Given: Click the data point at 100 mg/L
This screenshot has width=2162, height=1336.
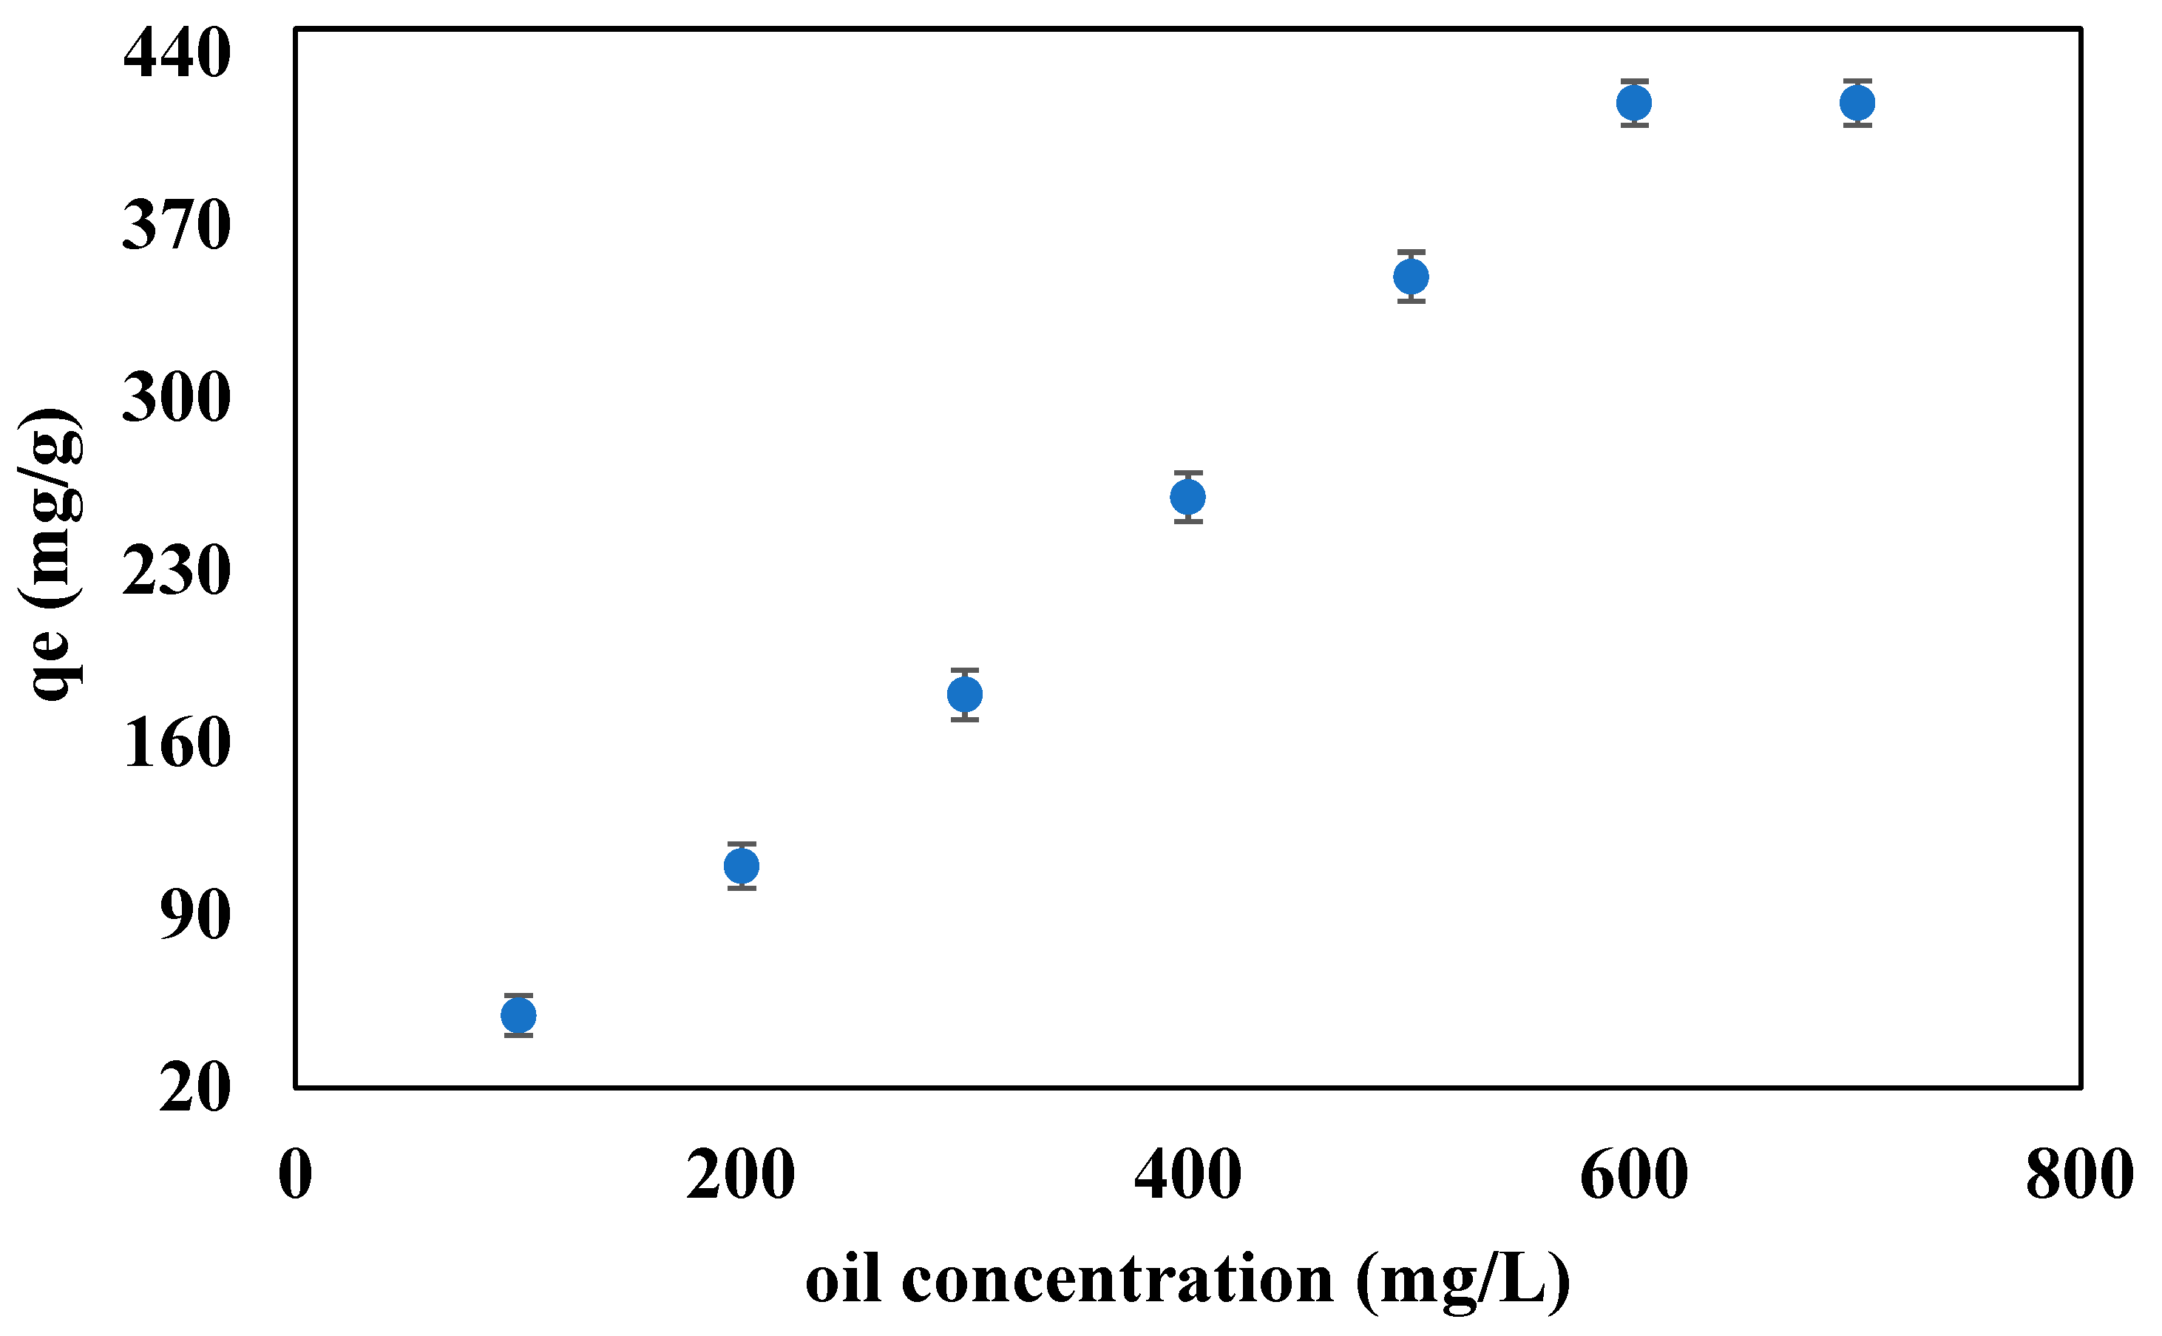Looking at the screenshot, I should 518,1015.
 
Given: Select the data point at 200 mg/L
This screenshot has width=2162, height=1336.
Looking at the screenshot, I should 742,866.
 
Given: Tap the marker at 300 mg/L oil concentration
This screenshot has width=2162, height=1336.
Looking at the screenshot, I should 965,694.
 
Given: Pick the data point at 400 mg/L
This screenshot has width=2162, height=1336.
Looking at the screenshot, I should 1188,498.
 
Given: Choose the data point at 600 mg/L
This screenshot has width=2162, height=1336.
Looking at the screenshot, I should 1635,104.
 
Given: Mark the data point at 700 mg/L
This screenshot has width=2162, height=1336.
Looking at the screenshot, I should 1857,104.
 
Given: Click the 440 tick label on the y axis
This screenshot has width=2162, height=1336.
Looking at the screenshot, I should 177,53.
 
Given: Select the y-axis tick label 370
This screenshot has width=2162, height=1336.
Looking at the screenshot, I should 177,226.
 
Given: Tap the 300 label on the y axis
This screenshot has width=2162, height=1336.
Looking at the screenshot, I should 177,398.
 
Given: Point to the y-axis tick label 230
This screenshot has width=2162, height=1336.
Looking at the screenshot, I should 177,571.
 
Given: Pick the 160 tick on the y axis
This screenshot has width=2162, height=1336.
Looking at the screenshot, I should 177,743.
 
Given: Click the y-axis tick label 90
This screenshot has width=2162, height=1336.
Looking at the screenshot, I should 195,915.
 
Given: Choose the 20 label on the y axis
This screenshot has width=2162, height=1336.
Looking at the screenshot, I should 195,1088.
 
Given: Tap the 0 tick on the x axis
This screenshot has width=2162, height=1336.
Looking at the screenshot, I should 295,1175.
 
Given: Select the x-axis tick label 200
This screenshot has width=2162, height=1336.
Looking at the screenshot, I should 740,1175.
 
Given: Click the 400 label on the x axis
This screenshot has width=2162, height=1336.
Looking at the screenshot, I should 1187,1175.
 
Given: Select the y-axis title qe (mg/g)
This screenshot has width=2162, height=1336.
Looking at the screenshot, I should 51,555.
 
